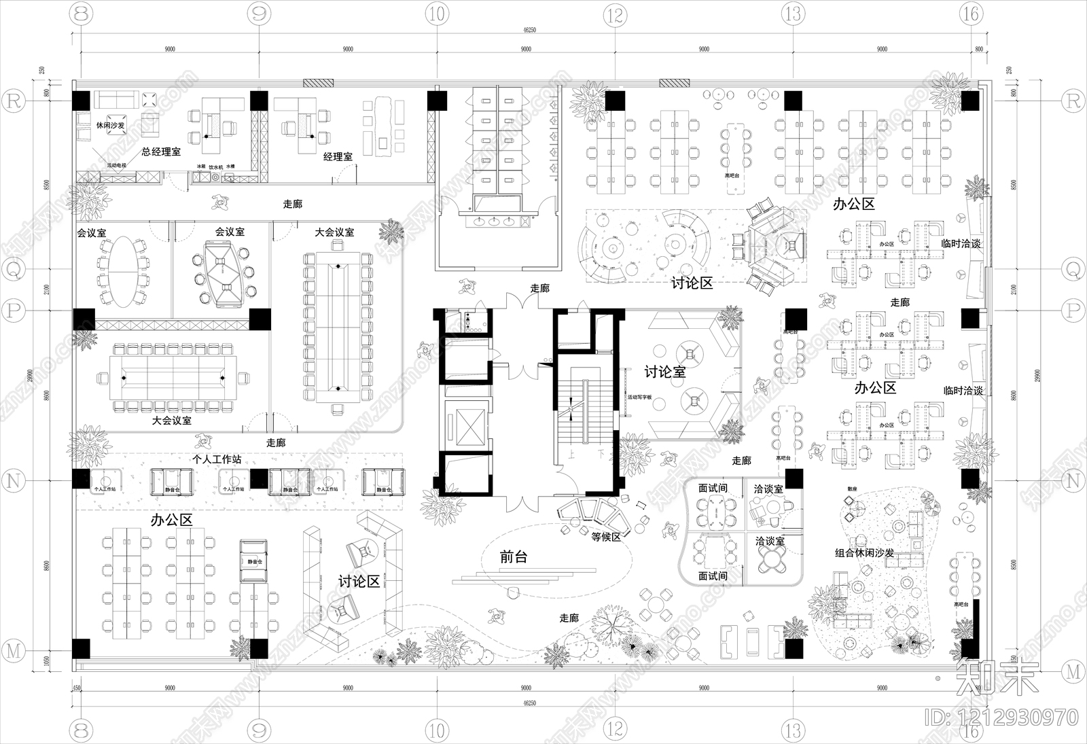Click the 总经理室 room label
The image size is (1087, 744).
[x=161, y=152]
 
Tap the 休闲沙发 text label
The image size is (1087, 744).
[x=110, y=126]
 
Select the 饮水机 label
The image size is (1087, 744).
[x=215, y=166]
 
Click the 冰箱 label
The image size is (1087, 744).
[x=201, y=166]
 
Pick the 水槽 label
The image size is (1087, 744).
[x=230, y=166]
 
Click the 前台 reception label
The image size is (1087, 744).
[x=514, y=557]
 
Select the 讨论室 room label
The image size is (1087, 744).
[x=665, y=372]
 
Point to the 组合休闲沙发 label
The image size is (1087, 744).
[x=864, y=553]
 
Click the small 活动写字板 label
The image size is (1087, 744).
[x=639, y=397]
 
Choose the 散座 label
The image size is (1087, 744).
[x=852, y=489]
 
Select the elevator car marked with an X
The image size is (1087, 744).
[x=465, y=427]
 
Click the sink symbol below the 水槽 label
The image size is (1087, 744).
[x=230, y=177]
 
